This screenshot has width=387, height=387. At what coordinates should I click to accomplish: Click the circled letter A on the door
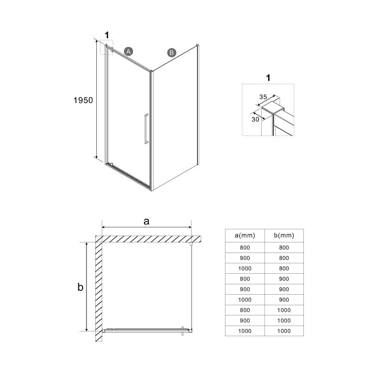(x=128, y=50)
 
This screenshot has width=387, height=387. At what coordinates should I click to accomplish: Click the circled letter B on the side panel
(x=171, y=53)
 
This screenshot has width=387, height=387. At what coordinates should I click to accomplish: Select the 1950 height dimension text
(x=83, y=101)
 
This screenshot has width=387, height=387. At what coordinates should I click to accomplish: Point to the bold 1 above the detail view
(x=269, y=76)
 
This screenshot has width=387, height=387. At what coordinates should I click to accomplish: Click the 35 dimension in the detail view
(x=264, y=97)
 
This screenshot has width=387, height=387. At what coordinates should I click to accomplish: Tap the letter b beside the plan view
(x=81, y=287)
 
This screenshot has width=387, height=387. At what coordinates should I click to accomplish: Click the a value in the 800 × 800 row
(x=245, y=247)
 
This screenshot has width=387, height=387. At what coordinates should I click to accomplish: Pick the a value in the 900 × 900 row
(x=245, y=289)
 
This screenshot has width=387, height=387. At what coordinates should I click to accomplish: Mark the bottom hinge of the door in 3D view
(x=110, y=165)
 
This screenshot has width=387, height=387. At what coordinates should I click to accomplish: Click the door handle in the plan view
(x=182, y=330)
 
